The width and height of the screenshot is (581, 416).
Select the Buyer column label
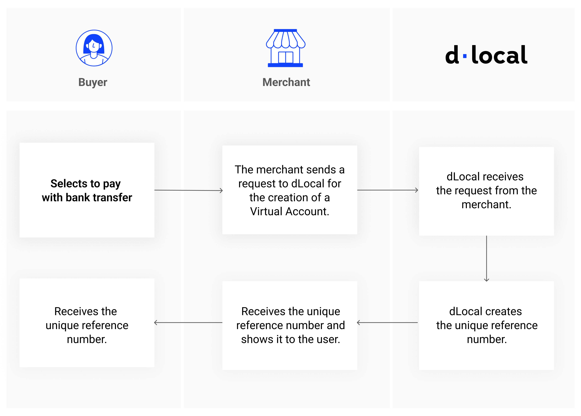tap(93, 82)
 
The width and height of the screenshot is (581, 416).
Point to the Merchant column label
tap(286, 82)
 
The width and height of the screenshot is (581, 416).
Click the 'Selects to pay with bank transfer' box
tap(87, 190)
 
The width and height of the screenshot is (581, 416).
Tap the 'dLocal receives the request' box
tap(486, 191)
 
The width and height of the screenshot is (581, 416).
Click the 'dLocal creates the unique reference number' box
tap(486, 325)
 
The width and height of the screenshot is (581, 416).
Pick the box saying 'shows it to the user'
tap(290, 325)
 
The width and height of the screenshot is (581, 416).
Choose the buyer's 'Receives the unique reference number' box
tap(87, 323)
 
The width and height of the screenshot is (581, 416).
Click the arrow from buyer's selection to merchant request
tap(189, 190)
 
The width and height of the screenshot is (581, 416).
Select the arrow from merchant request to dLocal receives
tap(388, 190)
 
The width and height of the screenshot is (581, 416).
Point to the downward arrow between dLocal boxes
tap(486, 259)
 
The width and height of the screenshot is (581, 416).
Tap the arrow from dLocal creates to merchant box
tap(387, 323)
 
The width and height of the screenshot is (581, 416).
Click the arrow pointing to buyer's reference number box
tap(188, 323)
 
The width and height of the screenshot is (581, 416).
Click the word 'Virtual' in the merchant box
tap(266, 211)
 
